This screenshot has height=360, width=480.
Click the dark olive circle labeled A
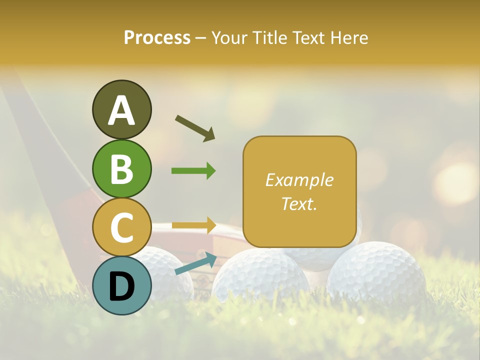coord(121,109)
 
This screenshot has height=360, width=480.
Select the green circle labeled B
coord(121,168)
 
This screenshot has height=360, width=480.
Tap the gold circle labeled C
coord(121,227)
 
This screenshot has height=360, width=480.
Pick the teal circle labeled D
coord(121,285)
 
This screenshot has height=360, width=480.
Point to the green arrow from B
coord(193,171)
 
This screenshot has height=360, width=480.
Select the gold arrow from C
coord(193,225)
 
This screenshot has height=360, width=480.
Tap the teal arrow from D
coord(195,263)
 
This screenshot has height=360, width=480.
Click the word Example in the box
coord(299,180)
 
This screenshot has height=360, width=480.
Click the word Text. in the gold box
coord(299,203)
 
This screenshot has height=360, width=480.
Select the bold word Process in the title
coord(157,37)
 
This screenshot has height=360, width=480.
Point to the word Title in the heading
coord(269,37)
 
